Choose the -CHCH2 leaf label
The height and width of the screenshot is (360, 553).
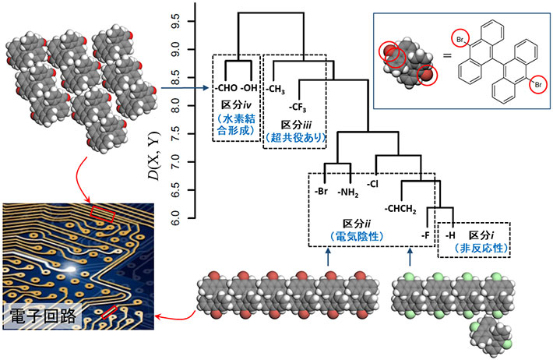point(400,209)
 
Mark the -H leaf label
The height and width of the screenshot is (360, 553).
point(449,234)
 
